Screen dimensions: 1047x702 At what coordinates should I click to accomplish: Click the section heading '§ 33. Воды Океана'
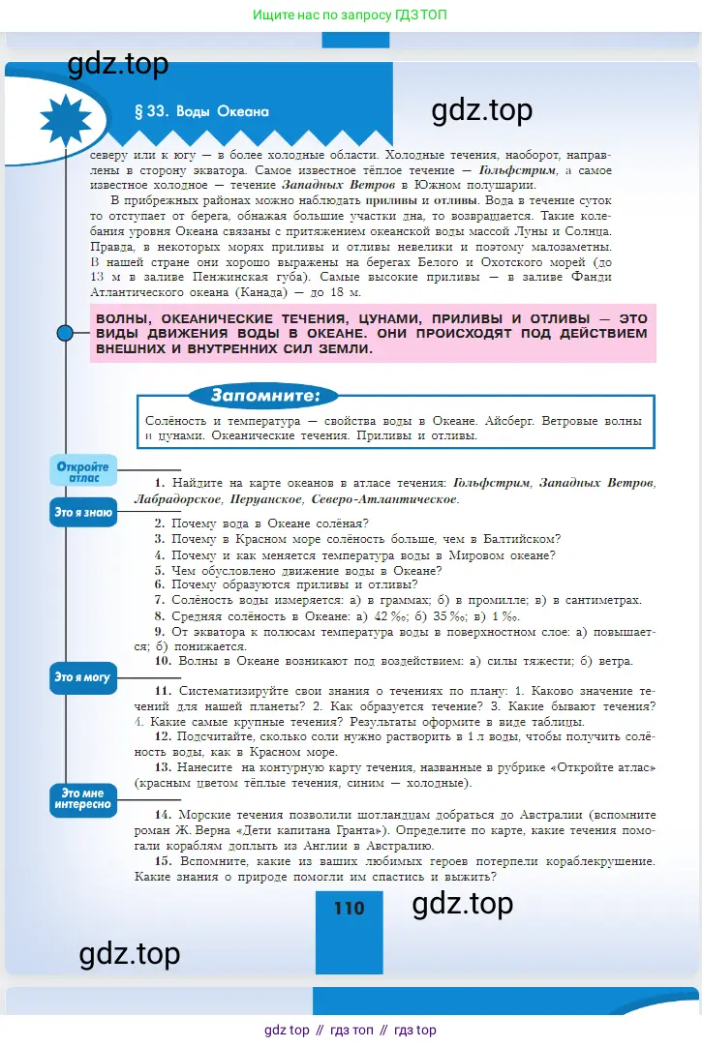[208, 111]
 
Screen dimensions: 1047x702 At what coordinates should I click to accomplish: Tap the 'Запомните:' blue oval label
[262, 396]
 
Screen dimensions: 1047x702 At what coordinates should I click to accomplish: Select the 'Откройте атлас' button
[83, 471]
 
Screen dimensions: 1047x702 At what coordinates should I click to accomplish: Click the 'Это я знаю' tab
[83, 513]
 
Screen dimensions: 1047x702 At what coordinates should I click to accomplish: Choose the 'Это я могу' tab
[83, 677]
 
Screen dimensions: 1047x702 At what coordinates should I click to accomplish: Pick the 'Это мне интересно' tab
[83, 798]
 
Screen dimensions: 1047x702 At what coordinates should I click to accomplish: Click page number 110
[349, 908]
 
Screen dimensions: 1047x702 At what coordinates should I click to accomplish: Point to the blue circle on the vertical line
[65, 334]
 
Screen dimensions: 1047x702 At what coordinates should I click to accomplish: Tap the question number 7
[159, 600]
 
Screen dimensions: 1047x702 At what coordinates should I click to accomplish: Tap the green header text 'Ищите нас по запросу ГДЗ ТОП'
[350, 15]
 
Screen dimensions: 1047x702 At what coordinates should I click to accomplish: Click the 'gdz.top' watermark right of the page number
[462, 904]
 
